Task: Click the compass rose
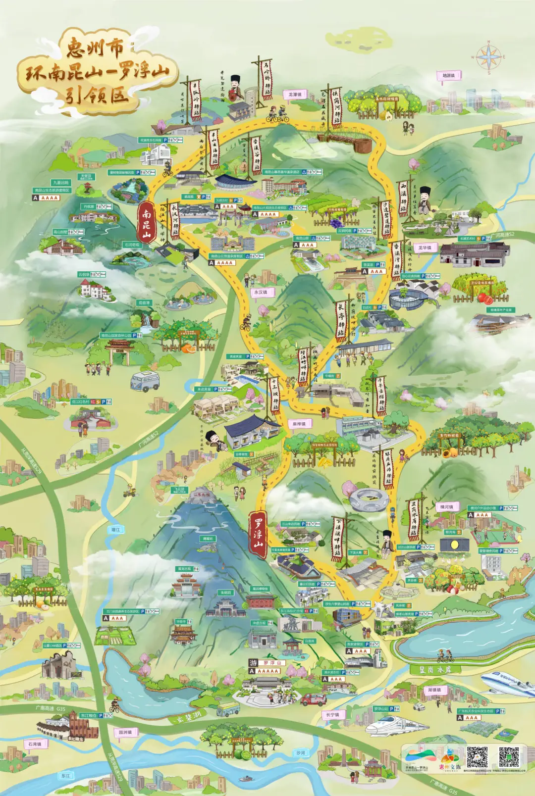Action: (488, 57)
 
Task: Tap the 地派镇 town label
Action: (449, 76)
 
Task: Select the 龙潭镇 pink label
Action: (295, 94)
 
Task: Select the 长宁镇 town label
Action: (333, 714)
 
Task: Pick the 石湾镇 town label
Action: (35, 744)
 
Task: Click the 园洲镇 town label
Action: (125, 732)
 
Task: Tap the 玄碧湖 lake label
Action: (184, 716)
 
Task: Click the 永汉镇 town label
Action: (261, 292)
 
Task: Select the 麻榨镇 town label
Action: (299, 424)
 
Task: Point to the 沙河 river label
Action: (301, 752)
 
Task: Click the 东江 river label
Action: (65, 776)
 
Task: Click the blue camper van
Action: (145, 381)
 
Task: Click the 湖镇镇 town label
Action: (434, 690)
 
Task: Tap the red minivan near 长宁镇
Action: (314, 699)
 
